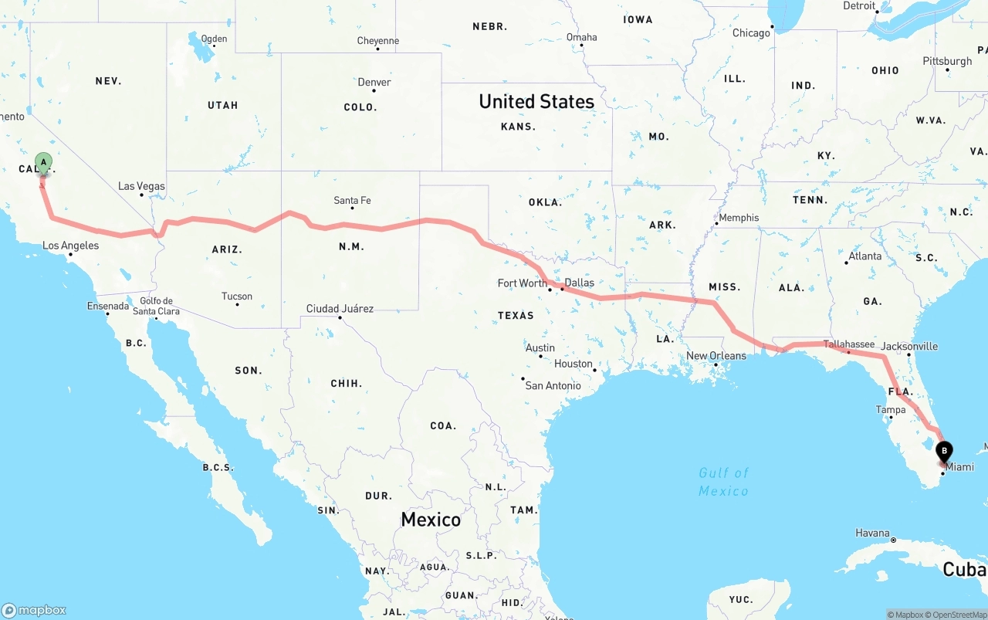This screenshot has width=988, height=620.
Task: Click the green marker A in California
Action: tap(43, 164)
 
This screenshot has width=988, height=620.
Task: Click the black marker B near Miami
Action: tap(943, 452)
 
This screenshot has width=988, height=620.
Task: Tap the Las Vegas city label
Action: tap(141, 186)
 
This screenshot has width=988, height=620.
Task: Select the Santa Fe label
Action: tap(352, 200)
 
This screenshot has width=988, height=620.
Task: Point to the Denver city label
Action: tap(374, 82)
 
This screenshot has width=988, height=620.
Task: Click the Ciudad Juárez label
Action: tap(340, 308)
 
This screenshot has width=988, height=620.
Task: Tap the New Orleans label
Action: tap(716, 355)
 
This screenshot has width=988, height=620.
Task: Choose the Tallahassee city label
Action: tap(848, 344)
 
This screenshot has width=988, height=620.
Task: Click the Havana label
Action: tap(872, 533)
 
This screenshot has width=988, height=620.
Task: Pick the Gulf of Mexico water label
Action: tap(723, 482)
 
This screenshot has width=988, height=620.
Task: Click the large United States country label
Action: tap(536, 101)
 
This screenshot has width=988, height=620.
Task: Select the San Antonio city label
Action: tap(553, 385)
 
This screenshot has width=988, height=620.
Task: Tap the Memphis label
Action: tap(739, 217)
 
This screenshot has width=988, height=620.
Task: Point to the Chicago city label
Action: tap(751, 32)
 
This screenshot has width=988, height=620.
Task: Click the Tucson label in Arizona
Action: tap(236, 296)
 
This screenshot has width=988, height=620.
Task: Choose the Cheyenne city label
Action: tap(378, 40)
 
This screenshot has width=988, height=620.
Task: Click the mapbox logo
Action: tap(34, 610)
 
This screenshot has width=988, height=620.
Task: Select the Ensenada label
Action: tap(107, 306)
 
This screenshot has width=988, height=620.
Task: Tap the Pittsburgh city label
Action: tap(947, 61)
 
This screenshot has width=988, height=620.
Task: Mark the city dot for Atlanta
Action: tap(847, 263)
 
